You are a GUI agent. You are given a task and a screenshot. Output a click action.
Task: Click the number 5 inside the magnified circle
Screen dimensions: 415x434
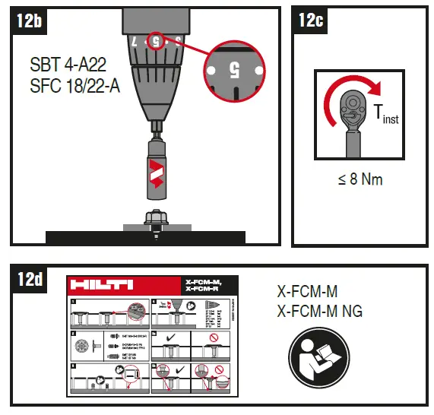[234, 70]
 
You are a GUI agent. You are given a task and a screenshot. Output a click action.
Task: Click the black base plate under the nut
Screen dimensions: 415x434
[144, 236]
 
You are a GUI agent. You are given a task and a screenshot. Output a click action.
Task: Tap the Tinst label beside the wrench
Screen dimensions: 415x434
[385, 115]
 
